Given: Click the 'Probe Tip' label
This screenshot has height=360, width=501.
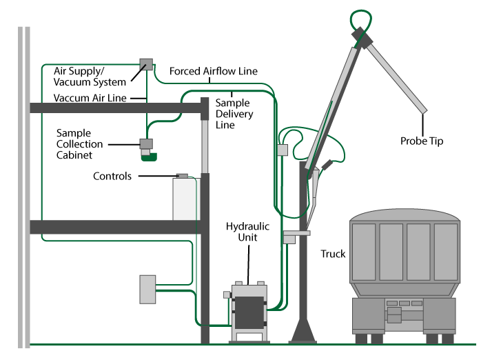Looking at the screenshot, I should [x=422, y=141].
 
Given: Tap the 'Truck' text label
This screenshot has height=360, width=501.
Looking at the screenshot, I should [x=333, y=254].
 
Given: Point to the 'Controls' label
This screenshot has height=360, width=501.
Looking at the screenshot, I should [x=112, y=177].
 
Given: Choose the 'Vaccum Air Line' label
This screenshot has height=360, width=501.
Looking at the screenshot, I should [x=90, y=99].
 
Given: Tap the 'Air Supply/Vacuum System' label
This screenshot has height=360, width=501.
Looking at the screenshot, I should [x=90, y=77].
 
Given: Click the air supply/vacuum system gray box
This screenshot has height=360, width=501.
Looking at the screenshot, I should [x=145, y=63].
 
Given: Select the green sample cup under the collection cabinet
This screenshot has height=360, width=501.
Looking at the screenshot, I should [x=149, y=157].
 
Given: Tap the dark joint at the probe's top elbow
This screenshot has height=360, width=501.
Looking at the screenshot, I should [x=360, y=35].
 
